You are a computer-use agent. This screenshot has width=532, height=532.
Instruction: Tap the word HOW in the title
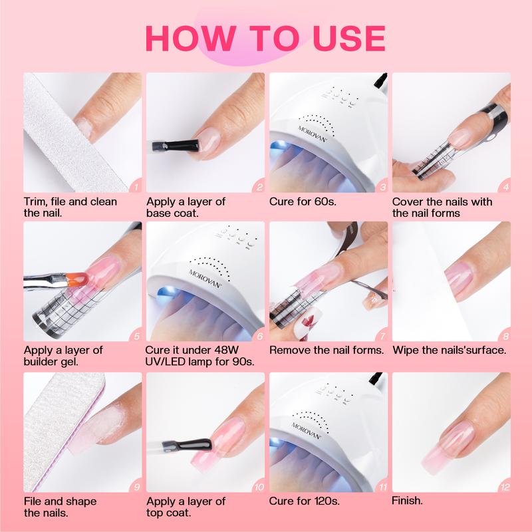coord(191,38)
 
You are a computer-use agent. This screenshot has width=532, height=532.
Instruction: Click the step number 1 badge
coord(136,187)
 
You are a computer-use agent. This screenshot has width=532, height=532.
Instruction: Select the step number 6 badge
coord(259,336)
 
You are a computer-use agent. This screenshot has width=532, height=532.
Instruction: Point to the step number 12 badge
coord(505,487)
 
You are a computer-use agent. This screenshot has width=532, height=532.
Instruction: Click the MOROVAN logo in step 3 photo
coord(313,134)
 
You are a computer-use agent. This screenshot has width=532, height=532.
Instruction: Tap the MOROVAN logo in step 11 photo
coord(306,431)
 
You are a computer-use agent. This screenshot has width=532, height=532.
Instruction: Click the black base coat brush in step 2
coord(175,146)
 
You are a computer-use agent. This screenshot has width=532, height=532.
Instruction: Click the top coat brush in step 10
coord(187,445)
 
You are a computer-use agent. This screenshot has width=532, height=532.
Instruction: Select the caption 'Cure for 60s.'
coord(303,201)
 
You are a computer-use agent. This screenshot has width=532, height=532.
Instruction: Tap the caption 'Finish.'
coord(407,501)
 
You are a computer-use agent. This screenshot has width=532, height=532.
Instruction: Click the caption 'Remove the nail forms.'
coord(327,350)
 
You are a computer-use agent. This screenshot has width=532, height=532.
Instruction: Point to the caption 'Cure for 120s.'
coord(305,501)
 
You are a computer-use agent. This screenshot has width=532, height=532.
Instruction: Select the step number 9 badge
coord(136,487)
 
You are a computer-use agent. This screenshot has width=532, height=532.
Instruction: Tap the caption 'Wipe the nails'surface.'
coord(450,350)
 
